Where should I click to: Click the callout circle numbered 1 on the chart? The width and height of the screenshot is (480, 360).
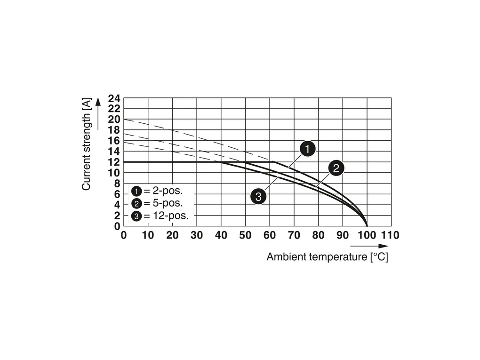pyautogui.click(x=307, y=150)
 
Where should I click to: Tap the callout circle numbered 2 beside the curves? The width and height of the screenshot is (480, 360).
pyautogui.click(x=336, y=168)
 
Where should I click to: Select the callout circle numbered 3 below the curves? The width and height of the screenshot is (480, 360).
pyautogui.click(x=258, y=196)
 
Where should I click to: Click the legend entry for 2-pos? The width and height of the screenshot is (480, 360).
pyautogui.click(x=156, y=191)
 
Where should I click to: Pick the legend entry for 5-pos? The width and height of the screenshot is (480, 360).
pyautogui.click(x=156, y=204)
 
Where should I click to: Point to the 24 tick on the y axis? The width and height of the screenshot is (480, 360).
pyautogui.click(x=114, y=99)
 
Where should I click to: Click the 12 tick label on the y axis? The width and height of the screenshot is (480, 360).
pyautogui.click(x=114, y=162)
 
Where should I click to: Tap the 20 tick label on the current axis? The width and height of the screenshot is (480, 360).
pyautogui.click(x=114, y=120)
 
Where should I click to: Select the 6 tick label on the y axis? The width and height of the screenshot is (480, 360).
pyautogui.click(x=117, y=194)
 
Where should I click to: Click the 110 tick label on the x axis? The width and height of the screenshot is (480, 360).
pyautogui.click(x=390, y=235)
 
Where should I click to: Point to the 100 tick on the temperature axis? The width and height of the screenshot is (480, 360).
pyautogui.click(x=367, y=235)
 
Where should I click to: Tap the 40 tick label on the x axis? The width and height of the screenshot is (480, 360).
pyautogui.click(x=221, y=235)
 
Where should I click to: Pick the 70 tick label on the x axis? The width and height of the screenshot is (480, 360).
pyautogui.click(x=294, y=235)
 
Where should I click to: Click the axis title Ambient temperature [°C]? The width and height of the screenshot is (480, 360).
pyautogui.click(x=327, y=257)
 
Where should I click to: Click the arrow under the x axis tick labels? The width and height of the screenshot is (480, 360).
pyautogui.click(x=369, y=246)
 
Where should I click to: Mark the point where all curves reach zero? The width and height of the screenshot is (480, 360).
pyautogui.click(x=367, y=226)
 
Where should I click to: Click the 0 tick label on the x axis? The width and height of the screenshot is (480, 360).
pyautogui.click(x=124, y=235)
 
